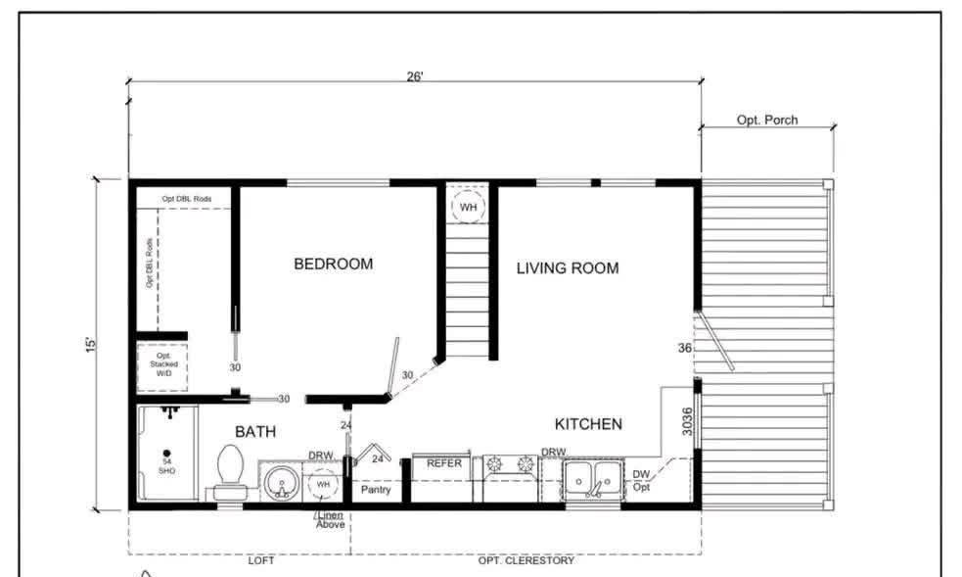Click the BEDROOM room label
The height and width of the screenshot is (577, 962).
coord(333,264)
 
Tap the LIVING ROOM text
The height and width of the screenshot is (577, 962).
coord(568,267)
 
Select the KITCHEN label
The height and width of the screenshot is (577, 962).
coord(588,424)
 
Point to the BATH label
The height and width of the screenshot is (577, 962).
coord(254,431)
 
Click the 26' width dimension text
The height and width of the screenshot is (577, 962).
coord(415,76)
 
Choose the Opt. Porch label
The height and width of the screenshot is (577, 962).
coord(767,120)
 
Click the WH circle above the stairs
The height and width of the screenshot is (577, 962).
coord(469,208)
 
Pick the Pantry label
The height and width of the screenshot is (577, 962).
coord(377,489)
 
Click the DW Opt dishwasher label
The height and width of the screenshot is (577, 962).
coord(641,480)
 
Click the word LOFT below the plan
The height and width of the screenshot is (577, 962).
coord(260,560)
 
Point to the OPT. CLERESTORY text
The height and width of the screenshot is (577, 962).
coord(526,560)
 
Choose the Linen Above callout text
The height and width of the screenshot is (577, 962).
coord(329,519)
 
